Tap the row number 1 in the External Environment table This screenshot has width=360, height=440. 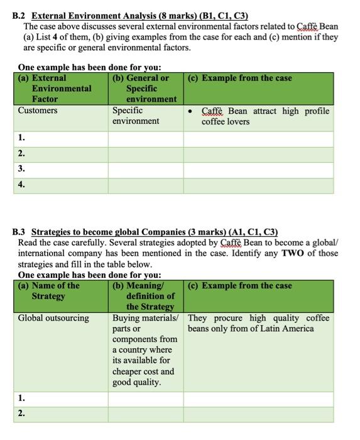pyautogui.click(x=22, y=138)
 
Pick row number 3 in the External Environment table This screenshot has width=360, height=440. pyautogui.click(x=22, y=168)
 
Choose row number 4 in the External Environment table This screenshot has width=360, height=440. pyautogui.click(x=22, y=184)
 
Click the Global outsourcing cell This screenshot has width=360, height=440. pyautogui.click(x=53, y=318)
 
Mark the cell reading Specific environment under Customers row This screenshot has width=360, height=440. pyautogui.click(x=136, y=116)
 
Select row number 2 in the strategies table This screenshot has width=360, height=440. pyautogui.click(x=22, y=414)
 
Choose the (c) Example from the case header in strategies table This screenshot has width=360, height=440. pyautogui.click(x=240, y=285)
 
